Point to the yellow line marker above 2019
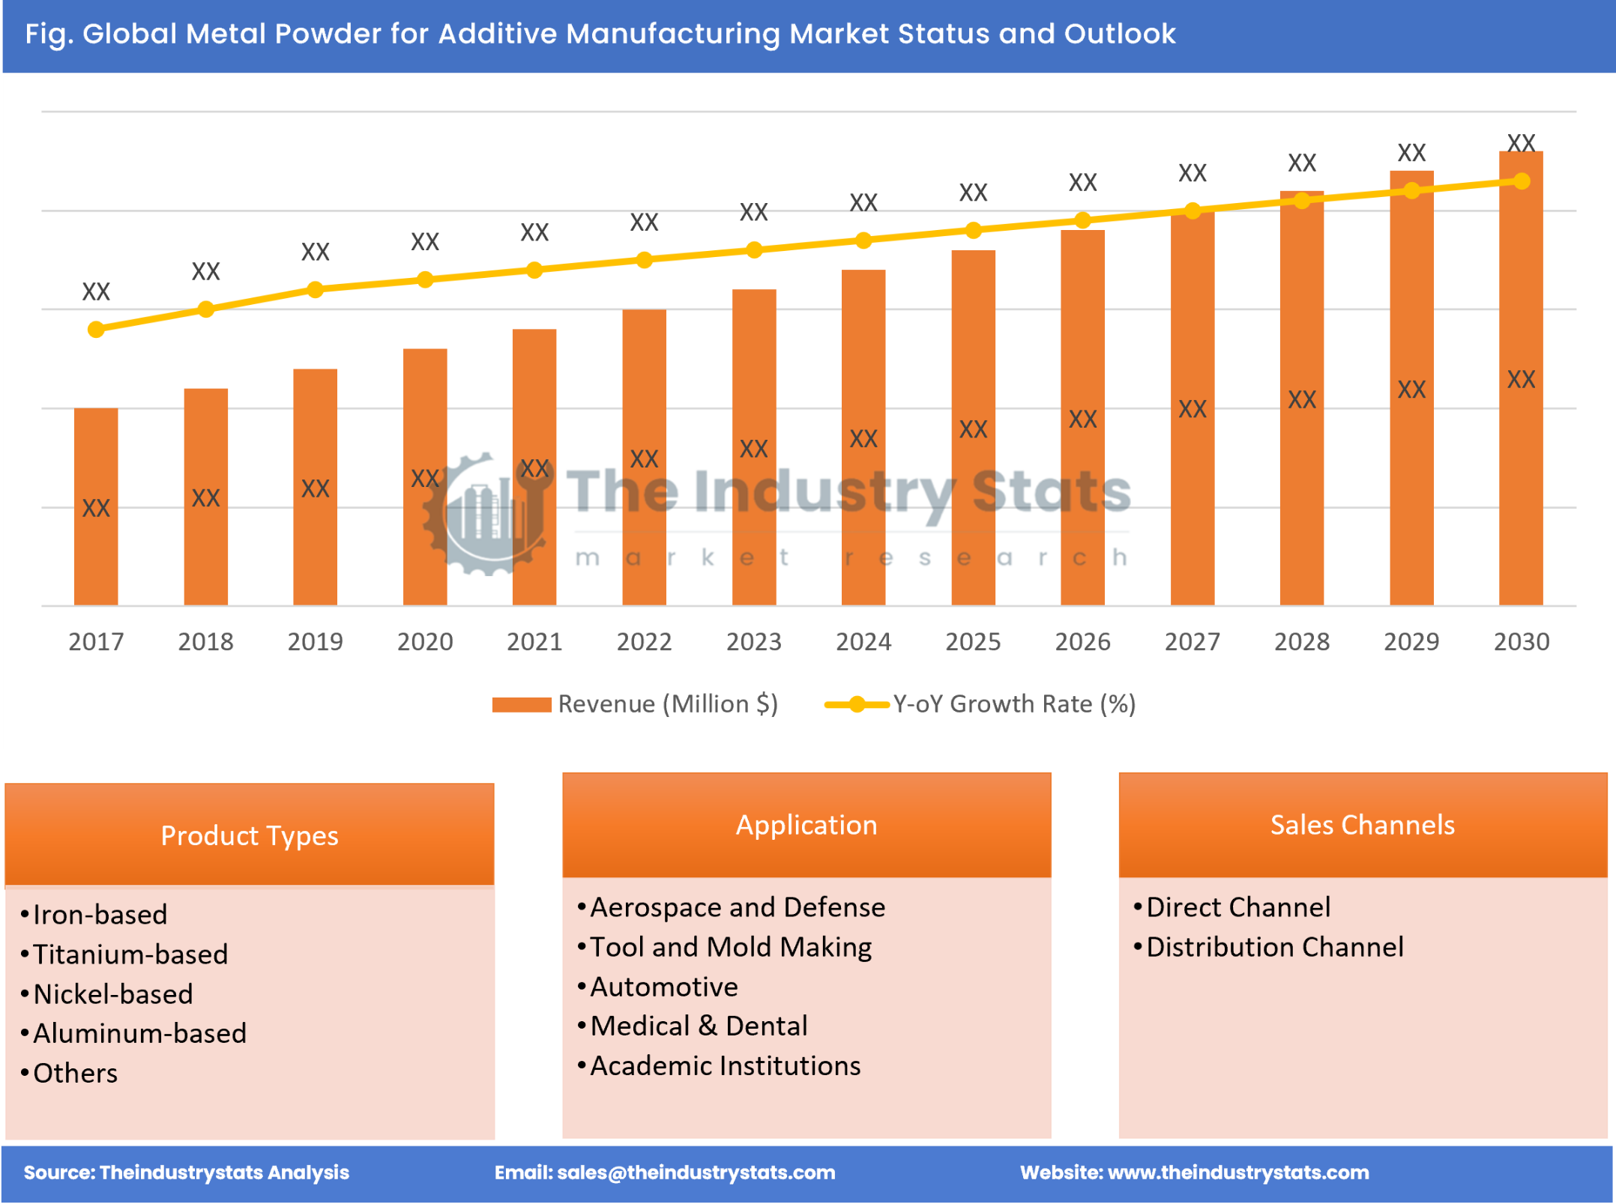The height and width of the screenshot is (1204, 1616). pos(316,289)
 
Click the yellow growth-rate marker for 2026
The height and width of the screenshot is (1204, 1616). pos(1082,220)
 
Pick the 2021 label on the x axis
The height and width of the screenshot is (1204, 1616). pos(534,641)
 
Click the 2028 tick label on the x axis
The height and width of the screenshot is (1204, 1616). pos(1302,641)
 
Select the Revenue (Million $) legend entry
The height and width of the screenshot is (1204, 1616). pos(667,704)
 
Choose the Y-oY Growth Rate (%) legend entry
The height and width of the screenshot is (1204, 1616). pos(1013,704)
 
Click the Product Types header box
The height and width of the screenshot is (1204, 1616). pos(250,835)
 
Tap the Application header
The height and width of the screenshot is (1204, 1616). pos(807,824)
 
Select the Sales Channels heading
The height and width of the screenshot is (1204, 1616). pos(1362,824)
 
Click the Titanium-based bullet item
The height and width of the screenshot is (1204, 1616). pos(130,954)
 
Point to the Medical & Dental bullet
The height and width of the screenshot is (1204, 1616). pos(699,1026)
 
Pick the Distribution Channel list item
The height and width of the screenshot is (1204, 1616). pos(1274,947)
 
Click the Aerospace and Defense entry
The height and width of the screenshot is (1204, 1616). pos(738,907)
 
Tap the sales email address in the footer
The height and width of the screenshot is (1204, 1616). pos(696,1172)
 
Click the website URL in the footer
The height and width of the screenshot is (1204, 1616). pos(1237,1172)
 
